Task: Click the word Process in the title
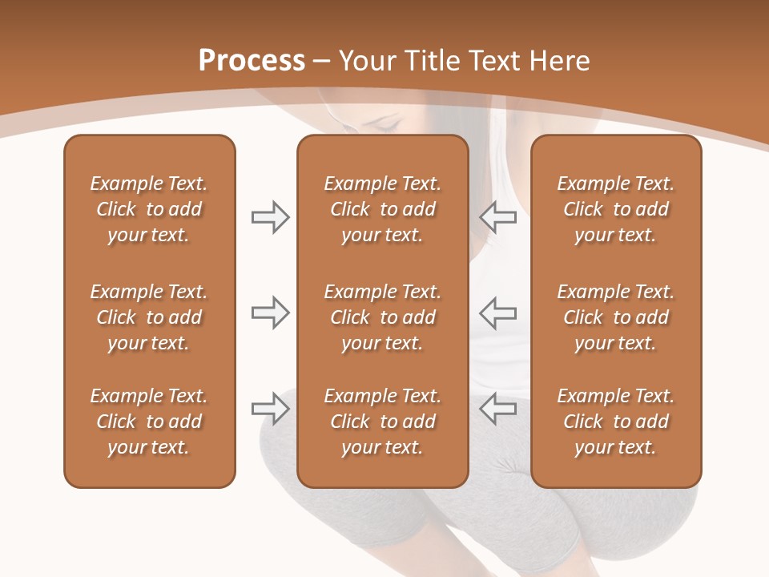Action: tap(252, 61)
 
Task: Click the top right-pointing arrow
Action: tap(270, 217)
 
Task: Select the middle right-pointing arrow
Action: tap(270, 313)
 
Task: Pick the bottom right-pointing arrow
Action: tap(270, 410)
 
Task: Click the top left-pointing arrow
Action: tap(497, 217)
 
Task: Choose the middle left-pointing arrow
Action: tap(497, 313)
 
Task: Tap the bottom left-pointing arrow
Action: tap(497, 410)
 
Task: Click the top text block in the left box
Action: tap(149, 209)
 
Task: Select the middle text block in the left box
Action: tap(149, 317)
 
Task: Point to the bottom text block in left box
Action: tap(149, 422)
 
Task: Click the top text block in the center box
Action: tap(382, 209)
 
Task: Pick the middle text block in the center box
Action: tap(382, 317)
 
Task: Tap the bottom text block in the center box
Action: tap(382, 422)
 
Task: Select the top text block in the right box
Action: tap(615, 209)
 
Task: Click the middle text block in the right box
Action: tap(615, 317)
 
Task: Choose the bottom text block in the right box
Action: tap(615, 422)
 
